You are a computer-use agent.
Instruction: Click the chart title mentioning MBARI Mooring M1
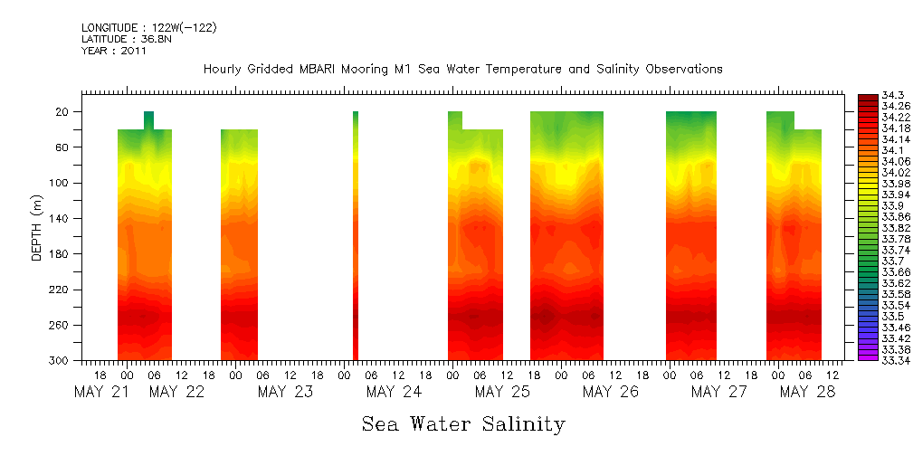(462, 70)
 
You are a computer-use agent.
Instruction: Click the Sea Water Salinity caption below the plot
(462, 424)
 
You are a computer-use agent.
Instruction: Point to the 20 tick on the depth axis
(62, 112)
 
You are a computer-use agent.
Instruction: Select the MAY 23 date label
(285, 392)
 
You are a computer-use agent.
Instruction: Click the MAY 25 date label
(502, 392)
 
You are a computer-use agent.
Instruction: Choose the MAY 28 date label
(807, 392)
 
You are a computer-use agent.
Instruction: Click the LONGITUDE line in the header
(148, 28)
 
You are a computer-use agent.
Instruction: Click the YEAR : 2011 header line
(114, 51)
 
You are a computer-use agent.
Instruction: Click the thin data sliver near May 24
(356, 235)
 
